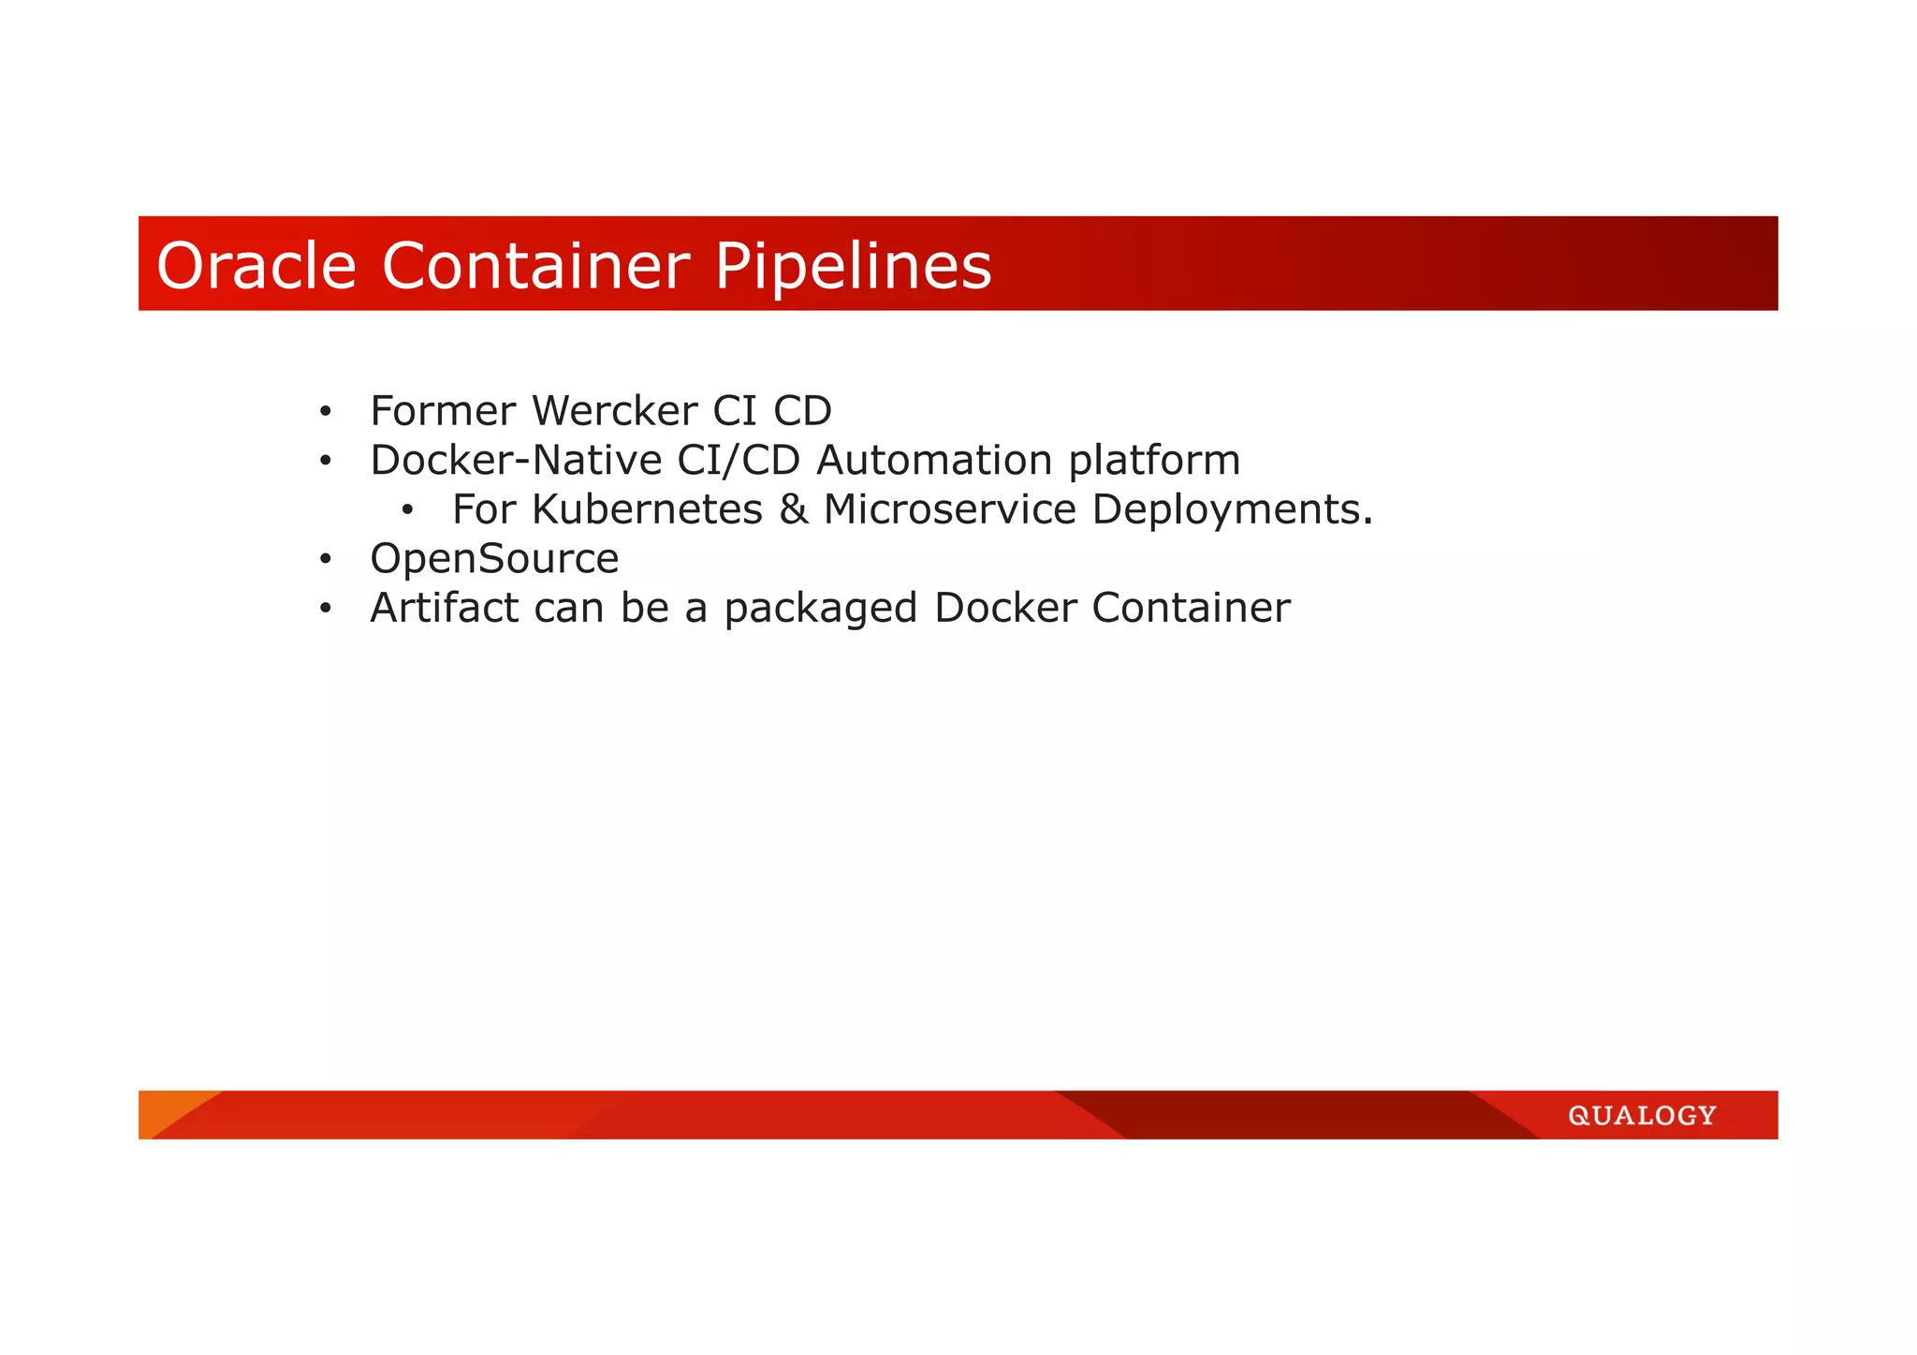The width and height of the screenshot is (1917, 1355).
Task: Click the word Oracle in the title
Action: click(x=256, y=265)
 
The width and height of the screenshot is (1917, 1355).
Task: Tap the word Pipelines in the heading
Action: click(x=852, y=267)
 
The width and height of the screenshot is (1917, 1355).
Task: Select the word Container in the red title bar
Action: click(x=535, y=265)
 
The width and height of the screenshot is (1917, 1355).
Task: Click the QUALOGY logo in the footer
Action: click(x=1642, y=1115)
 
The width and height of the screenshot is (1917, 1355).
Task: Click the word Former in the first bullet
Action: click(x=443, y=410)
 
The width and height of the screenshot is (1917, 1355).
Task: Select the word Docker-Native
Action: click(x=516, y=460)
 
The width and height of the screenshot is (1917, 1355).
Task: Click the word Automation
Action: click(x=934, y=460)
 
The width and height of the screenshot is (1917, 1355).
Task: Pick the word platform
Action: click(x=1154, y=460)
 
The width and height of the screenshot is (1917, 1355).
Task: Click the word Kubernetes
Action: click(x=647, y=509)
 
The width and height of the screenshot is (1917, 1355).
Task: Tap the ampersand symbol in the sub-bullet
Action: click(x=793, y=509)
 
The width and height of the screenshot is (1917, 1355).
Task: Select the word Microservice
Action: click(x=949, y=509)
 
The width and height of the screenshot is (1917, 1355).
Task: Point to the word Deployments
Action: click(x=1232, y=510)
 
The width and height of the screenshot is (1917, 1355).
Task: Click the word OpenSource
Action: click(x=494, y=559)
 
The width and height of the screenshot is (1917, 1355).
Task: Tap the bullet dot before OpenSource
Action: click(x=325, y=560)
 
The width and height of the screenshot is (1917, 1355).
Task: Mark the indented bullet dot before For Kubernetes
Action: click(x=407, y=510)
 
